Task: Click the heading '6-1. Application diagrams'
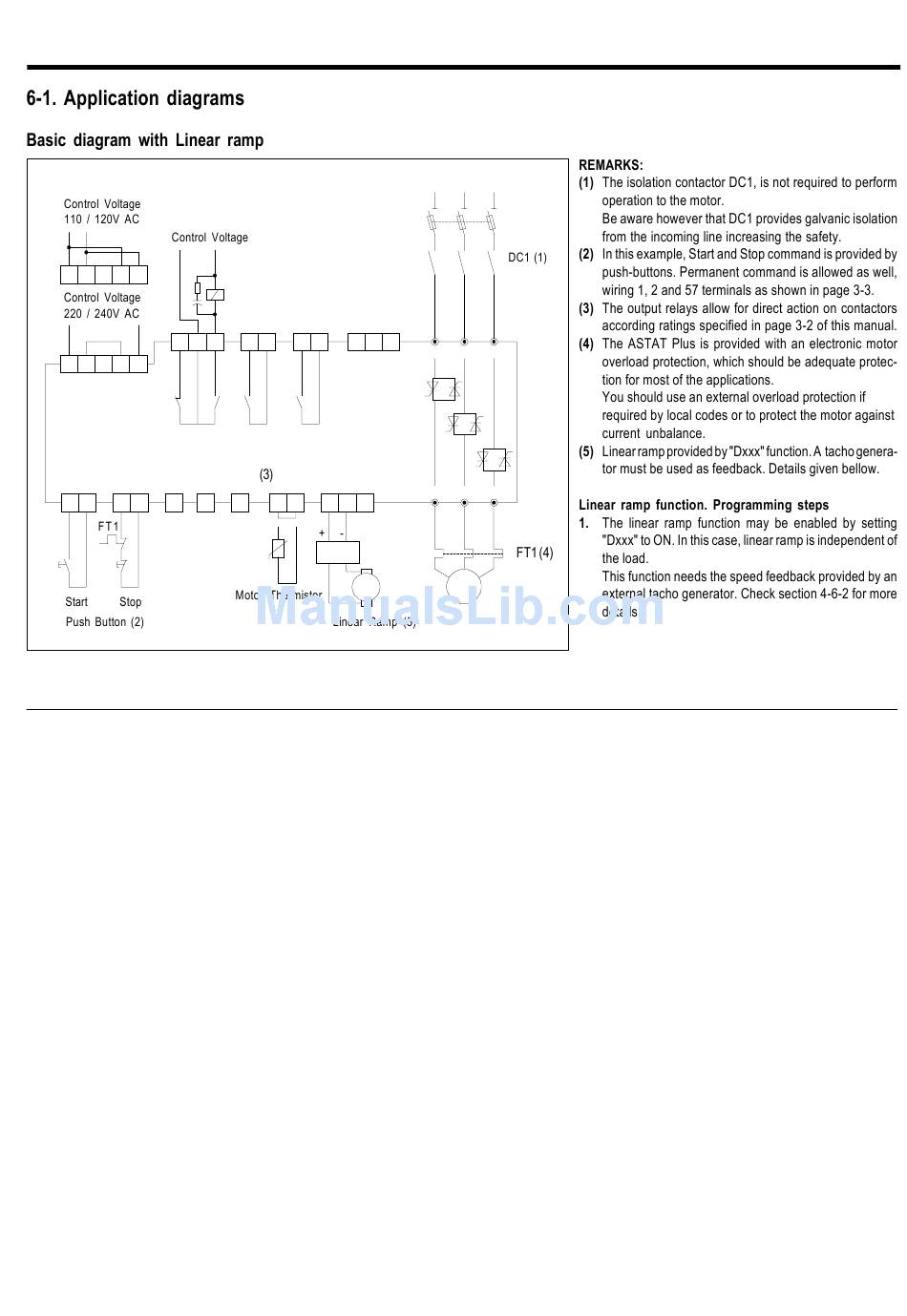coord(135,98)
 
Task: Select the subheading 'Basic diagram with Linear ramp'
coord(144,140)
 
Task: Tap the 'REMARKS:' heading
coord(611,165)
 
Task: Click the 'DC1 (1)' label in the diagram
coord(527,258)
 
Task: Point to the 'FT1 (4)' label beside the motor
coord(534,553)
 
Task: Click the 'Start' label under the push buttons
coord(76,602)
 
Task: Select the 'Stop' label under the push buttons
coord(131,602)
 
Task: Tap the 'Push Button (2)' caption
coord(105,622)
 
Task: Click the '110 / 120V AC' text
coord(101,219)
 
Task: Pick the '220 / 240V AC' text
coord(101,313)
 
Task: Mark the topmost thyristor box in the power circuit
coord(444,388)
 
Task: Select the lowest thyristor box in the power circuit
coord(495,459)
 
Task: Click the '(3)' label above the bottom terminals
coord(266,474)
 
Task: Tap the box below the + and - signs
coord(337,552)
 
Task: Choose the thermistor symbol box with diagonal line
coord(278,548)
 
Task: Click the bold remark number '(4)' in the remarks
coord(586,344)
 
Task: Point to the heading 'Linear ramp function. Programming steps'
coord(704,505)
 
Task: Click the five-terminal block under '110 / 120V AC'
coord(104,275)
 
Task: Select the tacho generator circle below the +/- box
coord(365,587)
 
